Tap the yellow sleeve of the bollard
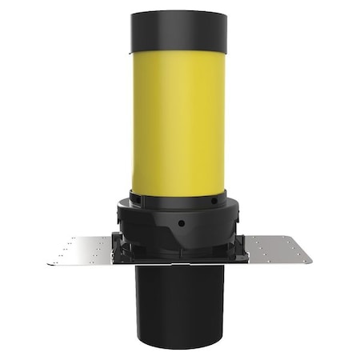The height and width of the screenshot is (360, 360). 178,120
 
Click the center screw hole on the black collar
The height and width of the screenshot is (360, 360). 180,223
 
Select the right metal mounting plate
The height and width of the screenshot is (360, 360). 277,250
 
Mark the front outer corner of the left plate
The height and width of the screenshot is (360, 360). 48,264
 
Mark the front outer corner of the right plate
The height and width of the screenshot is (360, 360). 311,262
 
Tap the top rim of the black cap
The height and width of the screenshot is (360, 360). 178,12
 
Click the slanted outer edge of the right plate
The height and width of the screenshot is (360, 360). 302,249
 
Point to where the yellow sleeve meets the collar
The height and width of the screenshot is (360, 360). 178,192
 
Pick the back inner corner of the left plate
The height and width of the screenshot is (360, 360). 112,237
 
